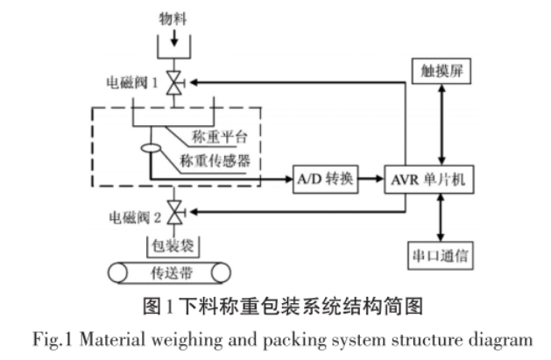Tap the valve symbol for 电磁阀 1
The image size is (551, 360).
[x=173, y=82]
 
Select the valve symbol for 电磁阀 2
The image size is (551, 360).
[x=173, y=211]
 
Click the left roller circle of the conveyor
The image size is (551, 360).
[x=118, y=274]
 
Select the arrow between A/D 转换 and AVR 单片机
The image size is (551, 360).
[x=372, y=179]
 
